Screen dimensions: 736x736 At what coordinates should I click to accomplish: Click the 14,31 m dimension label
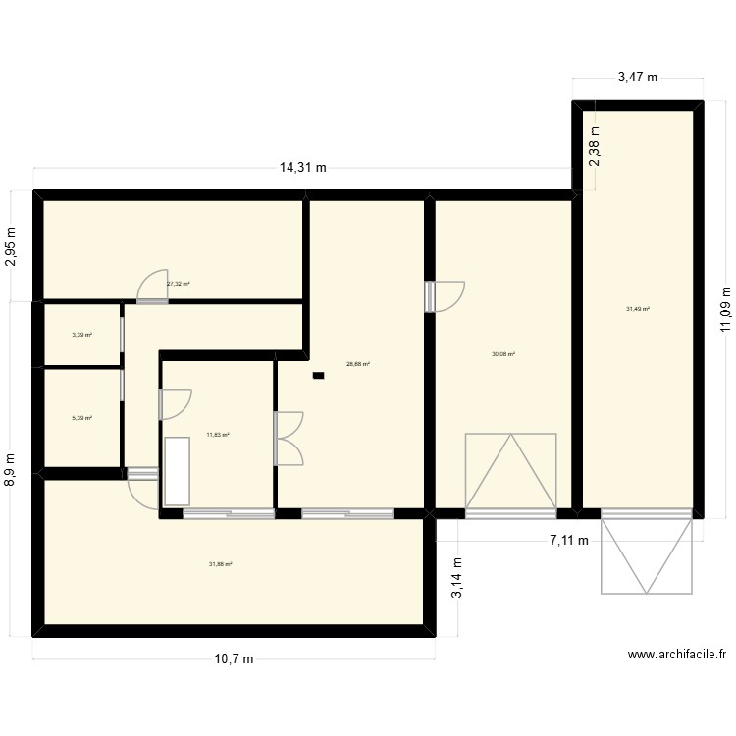pos(303,168)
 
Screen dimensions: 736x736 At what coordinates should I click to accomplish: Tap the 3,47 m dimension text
pos(637,78)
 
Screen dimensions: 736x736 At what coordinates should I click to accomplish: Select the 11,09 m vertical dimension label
pos(726,309)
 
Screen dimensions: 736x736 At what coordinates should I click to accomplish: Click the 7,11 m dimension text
pos(569,540)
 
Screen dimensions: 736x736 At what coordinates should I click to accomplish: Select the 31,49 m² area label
pos(638,309)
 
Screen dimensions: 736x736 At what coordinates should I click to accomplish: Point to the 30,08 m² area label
pos(503,355)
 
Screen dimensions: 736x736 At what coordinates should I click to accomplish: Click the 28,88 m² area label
pos(357,364)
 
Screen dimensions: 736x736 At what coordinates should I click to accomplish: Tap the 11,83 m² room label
pos(217,434)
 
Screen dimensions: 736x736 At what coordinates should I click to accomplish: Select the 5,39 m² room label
pos(81,418)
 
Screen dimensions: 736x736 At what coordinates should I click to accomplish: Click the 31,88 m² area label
pos(220,564)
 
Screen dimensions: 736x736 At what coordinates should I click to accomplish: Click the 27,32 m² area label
pos(178,284)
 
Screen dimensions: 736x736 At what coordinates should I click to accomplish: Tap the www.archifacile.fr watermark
pos(676,656)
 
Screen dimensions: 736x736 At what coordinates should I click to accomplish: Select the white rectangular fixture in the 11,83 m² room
pos(178,471)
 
